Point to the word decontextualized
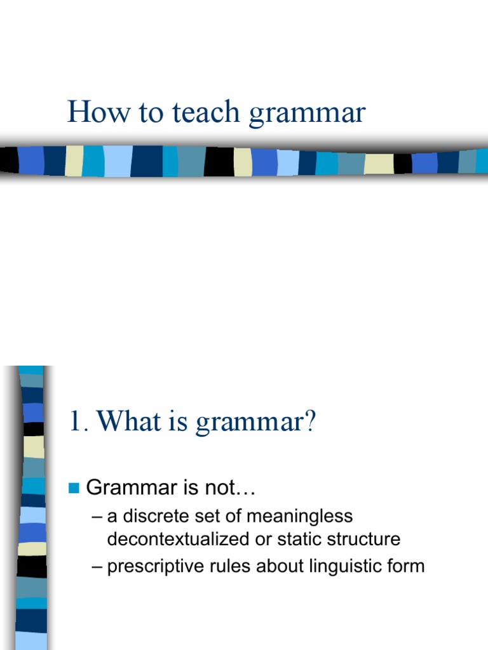(x=176, y=540)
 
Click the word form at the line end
(x=407, y=566)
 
